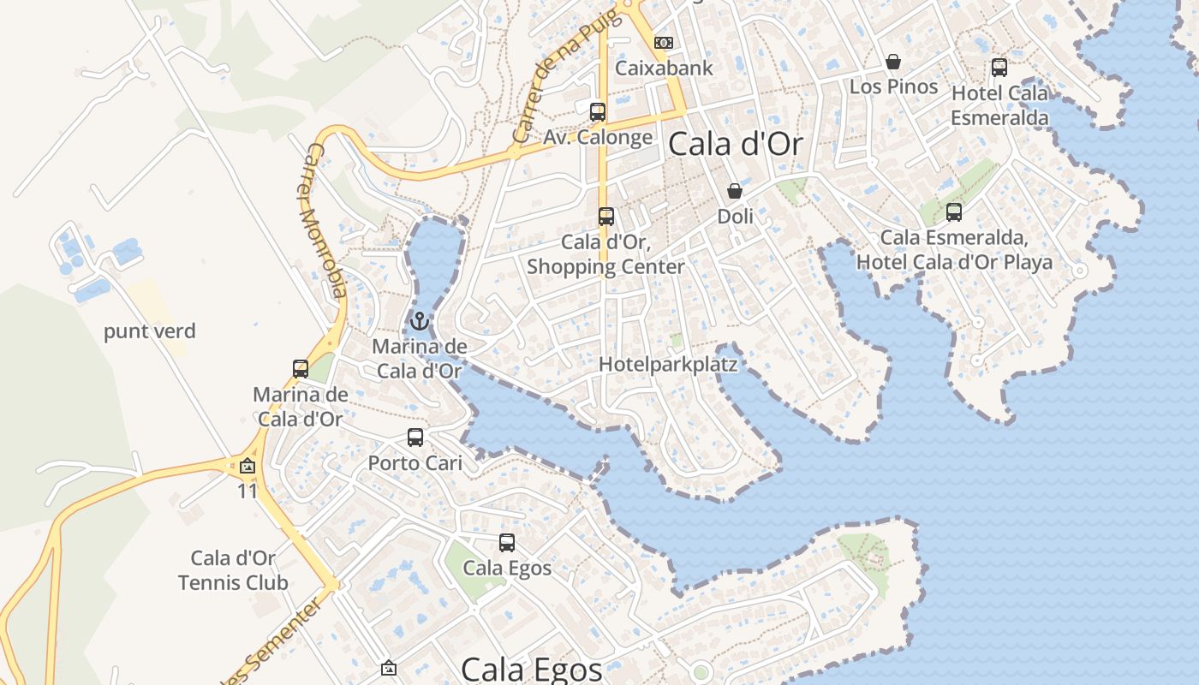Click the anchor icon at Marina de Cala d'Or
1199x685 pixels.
[419, 322]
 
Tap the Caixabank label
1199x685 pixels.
[664, 68]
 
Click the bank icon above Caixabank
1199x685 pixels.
[664, 43]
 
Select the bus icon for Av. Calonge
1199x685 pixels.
[598, 112]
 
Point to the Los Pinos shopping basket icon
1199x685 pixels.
[893, 62]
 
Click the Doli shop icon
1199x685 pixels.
[735, 191]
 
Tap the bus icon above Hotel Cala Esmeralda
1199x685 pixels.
[999, 68]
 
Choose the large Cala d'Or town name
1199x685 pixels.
[736, 144]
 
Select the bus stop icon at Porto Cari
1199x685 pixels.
[415, 438]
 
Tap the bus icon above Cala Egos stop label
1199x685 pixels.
[507, 543]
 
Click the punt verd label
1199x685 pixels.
[150, 331]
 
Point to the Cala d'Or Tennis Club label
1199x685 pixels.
[233, 571]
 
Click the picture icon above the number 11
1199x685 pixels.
[248, 467]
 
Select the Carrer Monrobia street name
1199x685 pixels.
[326, 221]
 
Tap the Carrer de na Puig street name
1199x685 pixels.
[554, 81]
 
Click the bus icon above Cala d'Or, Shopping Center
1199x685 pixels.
[606, 217]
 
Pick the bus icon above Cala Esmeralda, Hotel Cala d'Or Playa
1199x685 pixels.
[954, 212]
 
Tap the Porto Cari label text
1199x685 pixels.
[415, 463]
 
